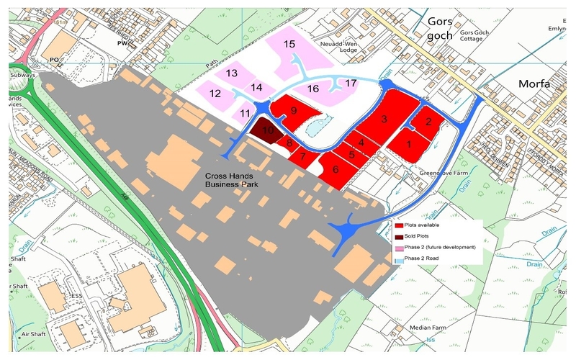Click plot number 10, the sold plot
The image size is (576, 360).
267,130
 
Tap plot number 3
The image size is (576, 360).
384,119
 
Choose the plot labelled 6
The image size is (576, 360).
336,170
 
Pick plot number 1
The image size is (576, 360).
409,144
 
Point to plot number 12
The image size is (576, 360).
215,94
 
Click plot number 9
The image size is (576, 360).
294,110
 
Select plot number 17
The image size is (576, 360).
351,84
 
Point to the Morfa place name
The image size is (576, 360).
534,84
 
